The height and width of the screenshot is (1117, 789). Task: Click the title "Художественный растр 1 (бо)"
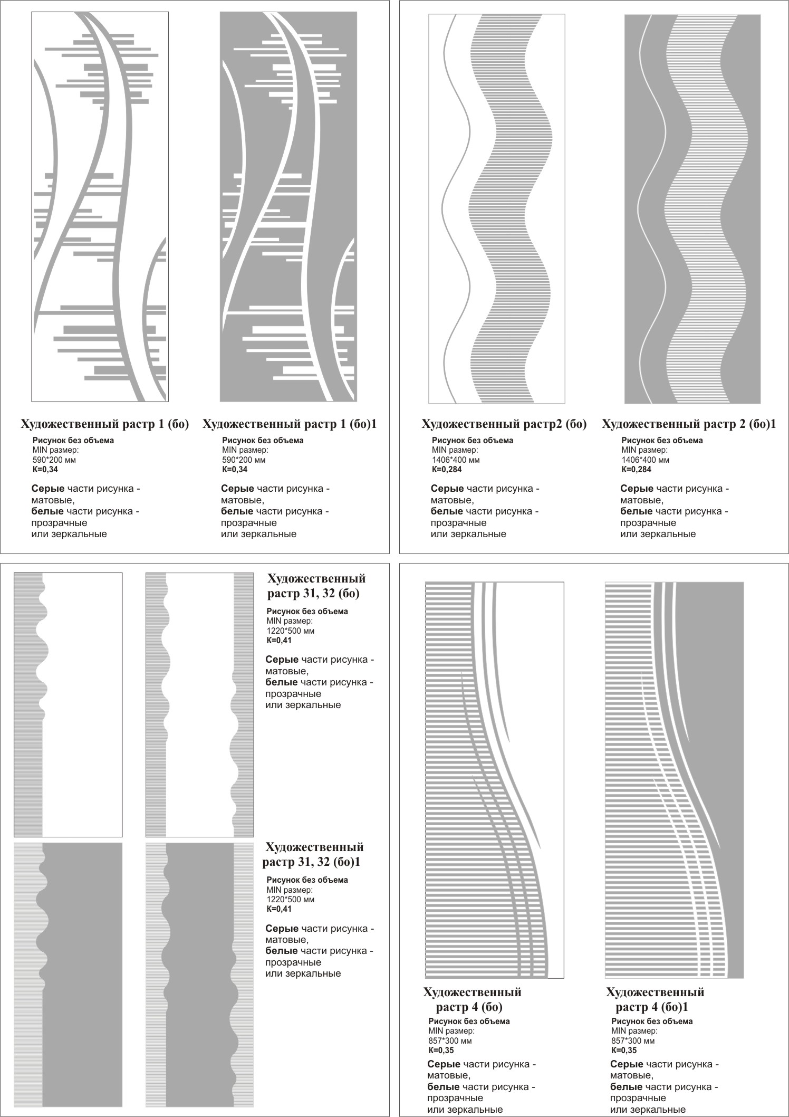(x=104, y=424)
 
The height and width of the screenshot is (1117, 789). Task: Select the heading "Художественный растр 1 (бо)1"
(x=290, y=424)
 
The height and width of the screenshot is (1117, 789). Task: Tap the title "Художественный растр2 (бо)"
(x=504, y=424)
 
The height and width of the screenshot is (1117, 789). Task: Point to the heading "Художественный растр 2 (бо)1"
(x=689, y=424)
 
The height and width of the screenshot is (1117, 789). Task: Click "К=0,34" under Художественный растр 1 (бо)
(x=45, y=470)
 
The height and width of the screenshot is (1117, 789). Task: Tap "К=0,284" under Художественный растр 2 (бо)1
(x=637, y=470)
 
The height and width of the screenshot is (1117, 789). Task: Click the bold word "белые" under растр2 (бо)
(x=447, y=511)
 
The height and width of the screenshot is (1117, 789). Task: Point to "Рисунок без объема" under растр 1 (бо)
(x=73, y=441)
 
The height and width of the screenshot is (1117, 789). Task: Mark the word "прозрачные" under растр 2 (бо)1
(x=648, y=523)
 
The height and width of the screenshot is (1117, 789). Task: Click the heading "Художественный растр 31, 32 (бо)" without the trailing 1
(x=316, y=586)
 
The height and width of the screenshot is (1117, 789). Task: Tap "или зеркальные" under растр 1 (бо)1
(x=258, y=534)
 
